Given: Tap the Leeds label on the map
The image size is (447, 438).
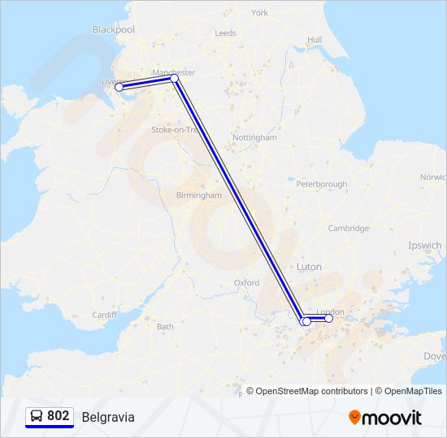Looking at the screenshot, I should (x=225, y=33).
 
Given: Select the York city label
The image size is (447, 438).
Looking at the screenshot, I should (x=259, y=13).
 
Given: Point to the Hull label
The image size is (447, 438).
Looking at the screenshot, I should (x=315, y=40).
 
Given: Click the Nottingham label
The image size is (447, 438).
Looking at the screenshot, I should (x=254, y=138).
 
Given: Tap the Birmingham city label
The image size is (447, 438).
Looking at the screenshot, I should (x=199, y=195).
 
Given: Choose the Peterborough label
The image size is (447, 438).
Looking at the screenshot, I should (x=321, y=185).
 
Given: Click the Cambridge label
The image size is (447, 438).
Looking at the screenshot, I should (x=348, y=229).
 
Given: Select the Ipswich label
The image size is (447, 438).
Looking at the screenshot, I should (x=425, y=245).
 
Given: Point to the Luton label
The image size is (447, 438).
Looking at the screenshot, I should (x=309, y=267).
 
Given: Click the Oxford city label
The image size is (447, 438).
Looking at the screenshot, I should (x=246, y=283).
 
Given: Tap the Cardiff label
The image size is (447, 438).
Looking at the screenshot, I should (x=105, y=315).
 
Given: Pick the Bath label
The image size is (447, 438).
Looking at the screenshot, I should (x=165, y=327).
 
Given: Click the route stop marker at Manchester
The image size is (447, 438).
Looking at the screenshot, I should (x=175, y=79).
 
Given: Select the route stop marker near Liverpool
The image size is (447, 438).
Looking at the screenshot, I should (x=119, y=87).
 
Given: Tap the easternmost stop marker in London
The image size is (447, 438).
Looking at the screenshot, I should (x=328, y=319).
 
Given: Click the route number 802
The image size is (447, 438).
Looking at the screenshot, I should (x=58, y=416).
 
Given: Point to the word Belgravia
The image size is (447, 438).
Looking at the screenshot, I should (x=108, y=417).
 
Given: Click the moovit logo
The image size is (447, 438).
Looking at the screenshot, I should (x=385, y=418).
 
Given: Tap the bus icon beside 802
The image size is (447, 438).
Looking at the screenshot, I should (x=37, y=416).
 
